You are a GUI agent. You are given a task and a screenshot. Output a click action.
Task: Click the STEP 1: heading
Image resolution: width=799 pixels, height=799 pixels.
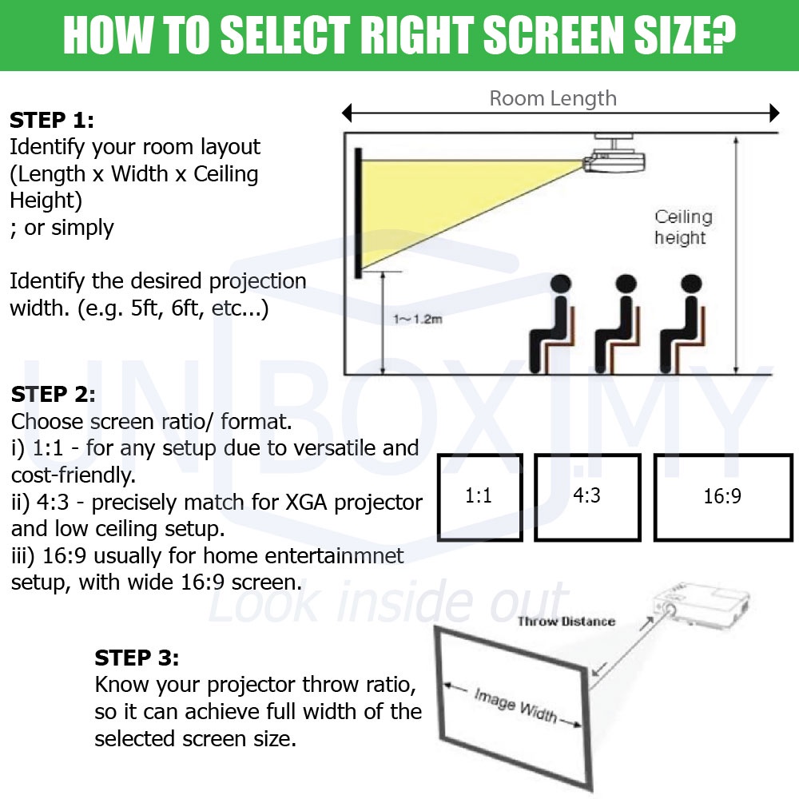[52, 121]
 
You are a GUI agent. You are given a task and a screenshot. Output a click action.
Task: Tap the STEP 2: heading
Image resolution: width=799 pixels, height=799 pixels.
[53, 394]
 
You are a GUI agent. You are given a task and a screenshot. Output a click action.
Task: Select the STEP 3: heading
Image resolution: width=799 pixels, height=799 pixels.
[137, 658]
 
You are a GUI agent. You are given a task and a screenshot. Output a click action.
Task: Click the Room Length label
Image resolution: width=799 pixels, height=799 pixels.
[553, 98]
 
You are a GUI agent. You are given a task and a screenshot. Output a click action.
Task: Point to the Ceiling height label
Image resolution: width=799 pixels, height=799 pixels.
[683, 227]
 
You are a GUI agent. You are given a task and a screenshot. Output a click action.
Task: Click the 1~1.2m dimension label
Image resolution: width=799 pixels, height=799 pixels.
[417, 319]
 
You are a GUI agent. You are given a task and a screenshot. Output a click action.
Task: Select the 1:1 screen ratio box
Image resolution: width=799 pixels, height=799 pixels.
[480, 497]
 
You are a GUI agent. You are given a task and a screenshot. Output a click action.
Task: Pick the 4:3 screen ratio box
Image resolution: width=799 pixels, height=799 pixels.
[587, 497]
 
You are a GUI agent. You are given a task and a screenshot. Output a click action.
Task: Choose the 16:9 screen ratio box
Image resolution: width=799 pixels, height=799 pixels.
[723, 497]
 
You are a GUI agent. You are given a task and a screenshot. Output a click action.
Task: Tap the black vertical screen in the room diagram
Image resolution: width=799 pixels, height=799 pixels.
[359, 213]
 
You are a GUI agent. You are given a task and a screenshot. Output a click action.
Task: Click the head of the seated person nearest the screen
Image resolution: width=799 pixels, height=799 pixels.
[561, 284]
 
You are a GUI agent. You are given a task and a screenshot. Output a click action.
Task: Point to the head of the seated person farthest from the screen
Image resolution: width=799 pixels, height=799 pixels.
[691, 284]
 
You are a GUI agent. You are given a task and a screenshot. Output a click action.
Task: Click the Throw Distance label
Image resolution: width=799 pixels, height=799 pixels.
[566, 621]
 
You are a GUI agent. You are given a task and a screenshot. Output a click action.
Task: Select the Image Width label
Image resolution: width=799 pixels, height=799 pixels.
[515, 706]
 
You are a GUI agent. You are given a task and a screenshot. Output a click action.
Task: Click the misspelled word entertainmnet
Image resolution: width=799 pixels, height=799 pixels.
[303, 555]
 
